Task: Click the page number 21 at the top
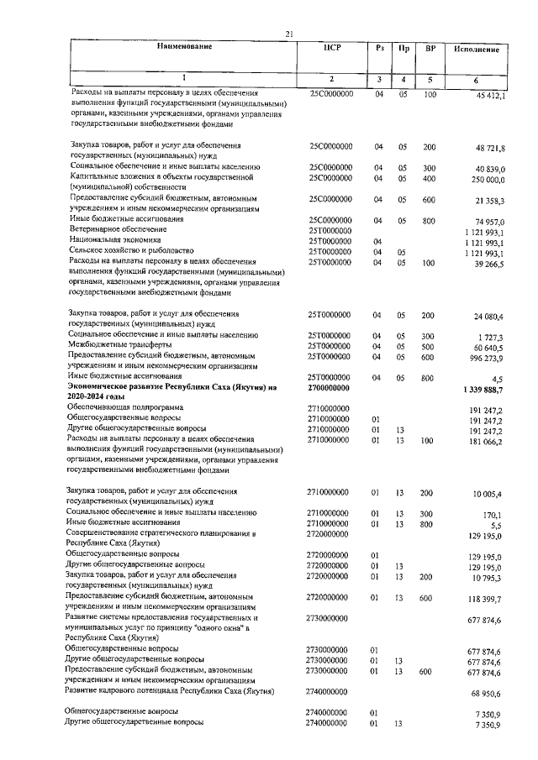[288, 34]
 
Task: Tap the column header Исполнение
[477, 50]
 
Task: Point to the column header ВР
[430, 48]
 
